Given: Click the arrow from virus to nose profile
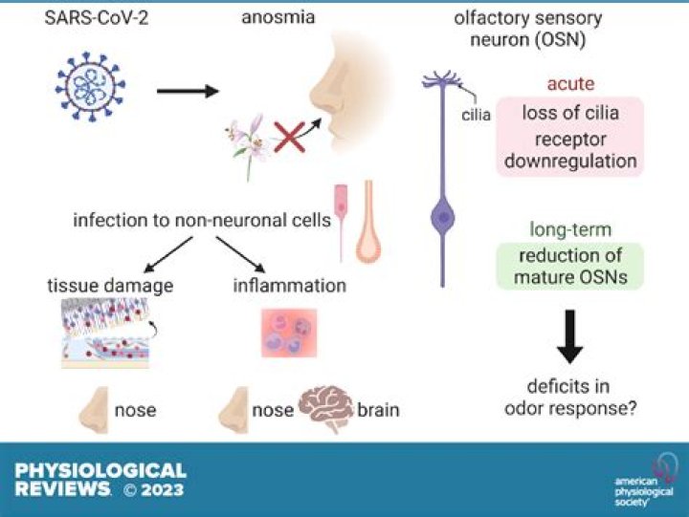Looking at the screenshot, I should pyautogui.click(x=188, y=93).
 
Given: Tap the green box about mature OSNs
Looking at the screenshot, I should pyautogui.click(x=570, y=266).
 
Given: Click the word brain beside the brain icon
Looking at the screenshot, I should pyautogui.click(x=378, y=411).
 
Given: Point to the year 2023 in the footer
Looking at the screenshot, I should pyautogui.click(x=164, y=491).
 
